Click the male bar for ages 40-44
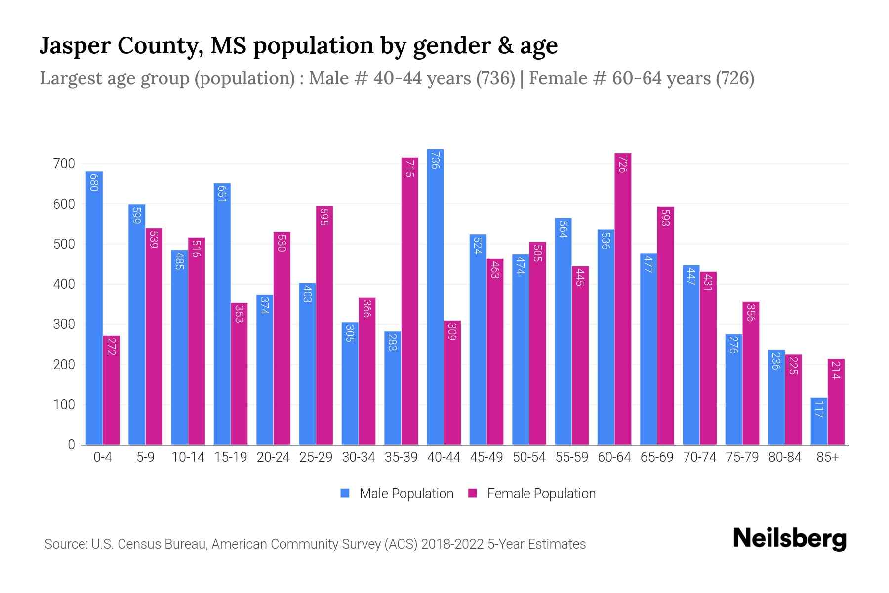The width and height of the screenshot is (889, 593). coord(435,296)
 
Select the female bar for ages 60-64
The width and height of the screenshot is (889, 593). coord(623,299)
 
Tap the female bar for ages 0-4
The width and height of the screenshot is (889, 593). coord(111,390)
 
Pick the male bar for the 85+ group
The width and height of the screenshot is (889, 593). coord(819,421)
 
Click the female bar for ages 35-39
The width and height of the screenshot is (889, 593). coord(409,301)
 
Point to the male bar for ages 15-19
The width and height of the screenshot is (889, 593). coord(222,314)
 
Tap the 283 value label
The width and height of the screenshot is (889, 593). coord(393,341)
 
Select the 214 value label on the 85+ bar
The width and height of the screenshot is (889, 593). coord(836,370)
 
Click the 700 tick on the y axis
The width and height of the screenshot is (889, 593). coord(64,164)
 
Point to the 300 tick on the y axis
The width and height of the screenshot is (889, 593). coord(64,324)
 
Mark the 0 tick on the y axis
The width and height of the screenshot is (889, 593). coord(71,445)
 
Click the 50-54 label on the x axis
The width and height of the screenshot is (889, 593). coord(529,457)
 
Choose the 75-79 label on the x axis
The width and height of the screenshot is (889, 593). coord(742,457)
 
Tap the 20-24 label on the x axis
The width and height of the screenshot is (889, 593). coord(273,457)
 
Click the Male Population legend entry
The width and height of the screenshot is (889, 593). coord(406,494)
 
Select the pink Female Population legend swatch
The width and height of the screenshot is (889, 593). coord(473,493)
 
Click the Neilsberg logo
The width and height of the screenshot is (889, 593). coord(789,539)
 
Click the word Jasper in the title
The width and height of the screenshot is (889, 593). coord(75,46)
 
